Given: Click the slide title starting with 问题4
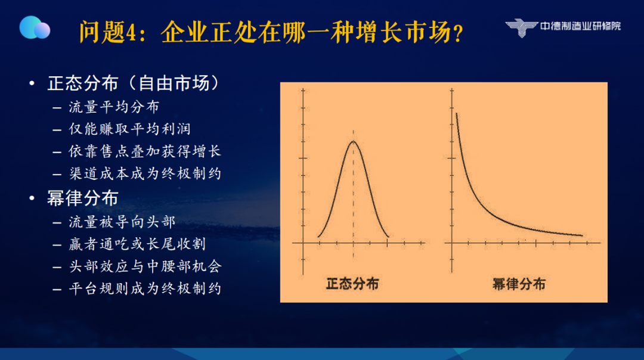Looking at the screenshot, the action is pos(271,32).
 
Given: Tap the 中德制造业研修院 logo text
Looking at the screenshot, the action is pos(580,26).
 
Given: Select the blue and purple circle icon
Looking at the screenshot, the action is pos(35,27).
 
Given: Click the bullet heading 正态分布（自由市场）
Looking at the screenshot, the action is pos(134,83).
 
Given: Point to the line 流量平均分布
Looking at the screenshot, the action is pos(114,107).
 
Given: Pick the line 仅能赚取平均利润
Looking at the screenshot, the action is pos(130,129).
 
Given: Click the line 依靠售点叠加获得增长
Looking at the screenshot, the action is pos(145,151).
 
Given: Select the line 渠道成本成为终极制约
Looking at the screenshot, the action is pos(145,173).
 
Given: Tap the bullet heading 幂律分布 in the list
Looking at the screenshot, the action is pos(82,198).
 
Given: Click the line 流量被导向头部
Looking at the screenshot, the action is pos(122,222).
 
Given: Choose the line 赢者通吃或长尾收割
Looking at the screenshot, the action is pos(137,244).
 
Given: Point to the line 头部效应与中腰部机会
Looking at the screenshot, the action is pos(145,266).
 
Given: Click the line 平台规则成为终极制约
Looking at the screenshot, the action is pos(145,288).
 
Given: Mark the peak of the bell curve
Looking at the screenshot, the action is pos(353,141).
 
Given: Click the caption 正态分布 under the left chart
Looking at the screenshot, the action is pos(352,284).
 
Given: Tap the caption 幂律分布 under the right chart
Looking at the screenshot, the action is pos(519,284).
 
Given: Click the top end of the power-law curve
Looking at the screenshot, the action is pos(456,113).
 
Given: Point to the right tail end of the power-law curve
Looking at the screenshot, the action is pos(583,235).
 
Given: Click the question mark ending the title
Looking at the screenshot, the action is pos(459,33).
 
